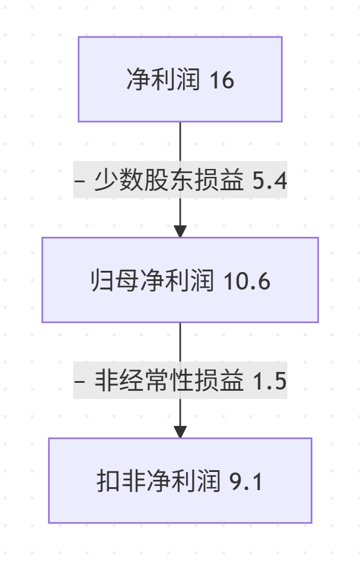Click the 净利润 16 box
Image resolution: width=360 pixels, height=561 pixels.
180,79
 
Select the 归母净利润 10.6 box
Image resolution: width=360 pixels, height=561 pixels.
180,280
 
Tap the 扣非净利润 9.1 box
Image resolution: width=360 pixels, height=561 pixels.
180,480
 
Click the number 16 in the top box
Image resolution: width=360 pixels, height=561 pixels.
222,79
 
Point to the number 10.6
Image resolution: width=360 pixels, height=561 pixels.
247,280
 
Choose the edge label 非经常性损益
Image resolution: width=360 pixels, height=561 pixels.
169,380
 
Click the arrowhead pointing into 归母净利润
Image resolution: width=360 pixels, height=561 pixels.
180,231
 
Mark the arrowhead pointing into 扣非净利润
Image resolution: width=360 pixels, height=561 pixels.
180,432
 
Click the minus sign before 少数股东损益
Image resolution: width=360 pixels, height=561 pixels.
80,181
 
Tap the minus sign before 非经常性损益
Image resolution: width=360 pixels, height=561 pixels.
80,381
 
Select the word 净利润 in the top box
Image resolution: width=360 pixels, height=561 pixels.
163,79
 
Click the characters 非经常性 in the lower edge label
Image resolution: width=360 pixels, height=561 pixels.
144,380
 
